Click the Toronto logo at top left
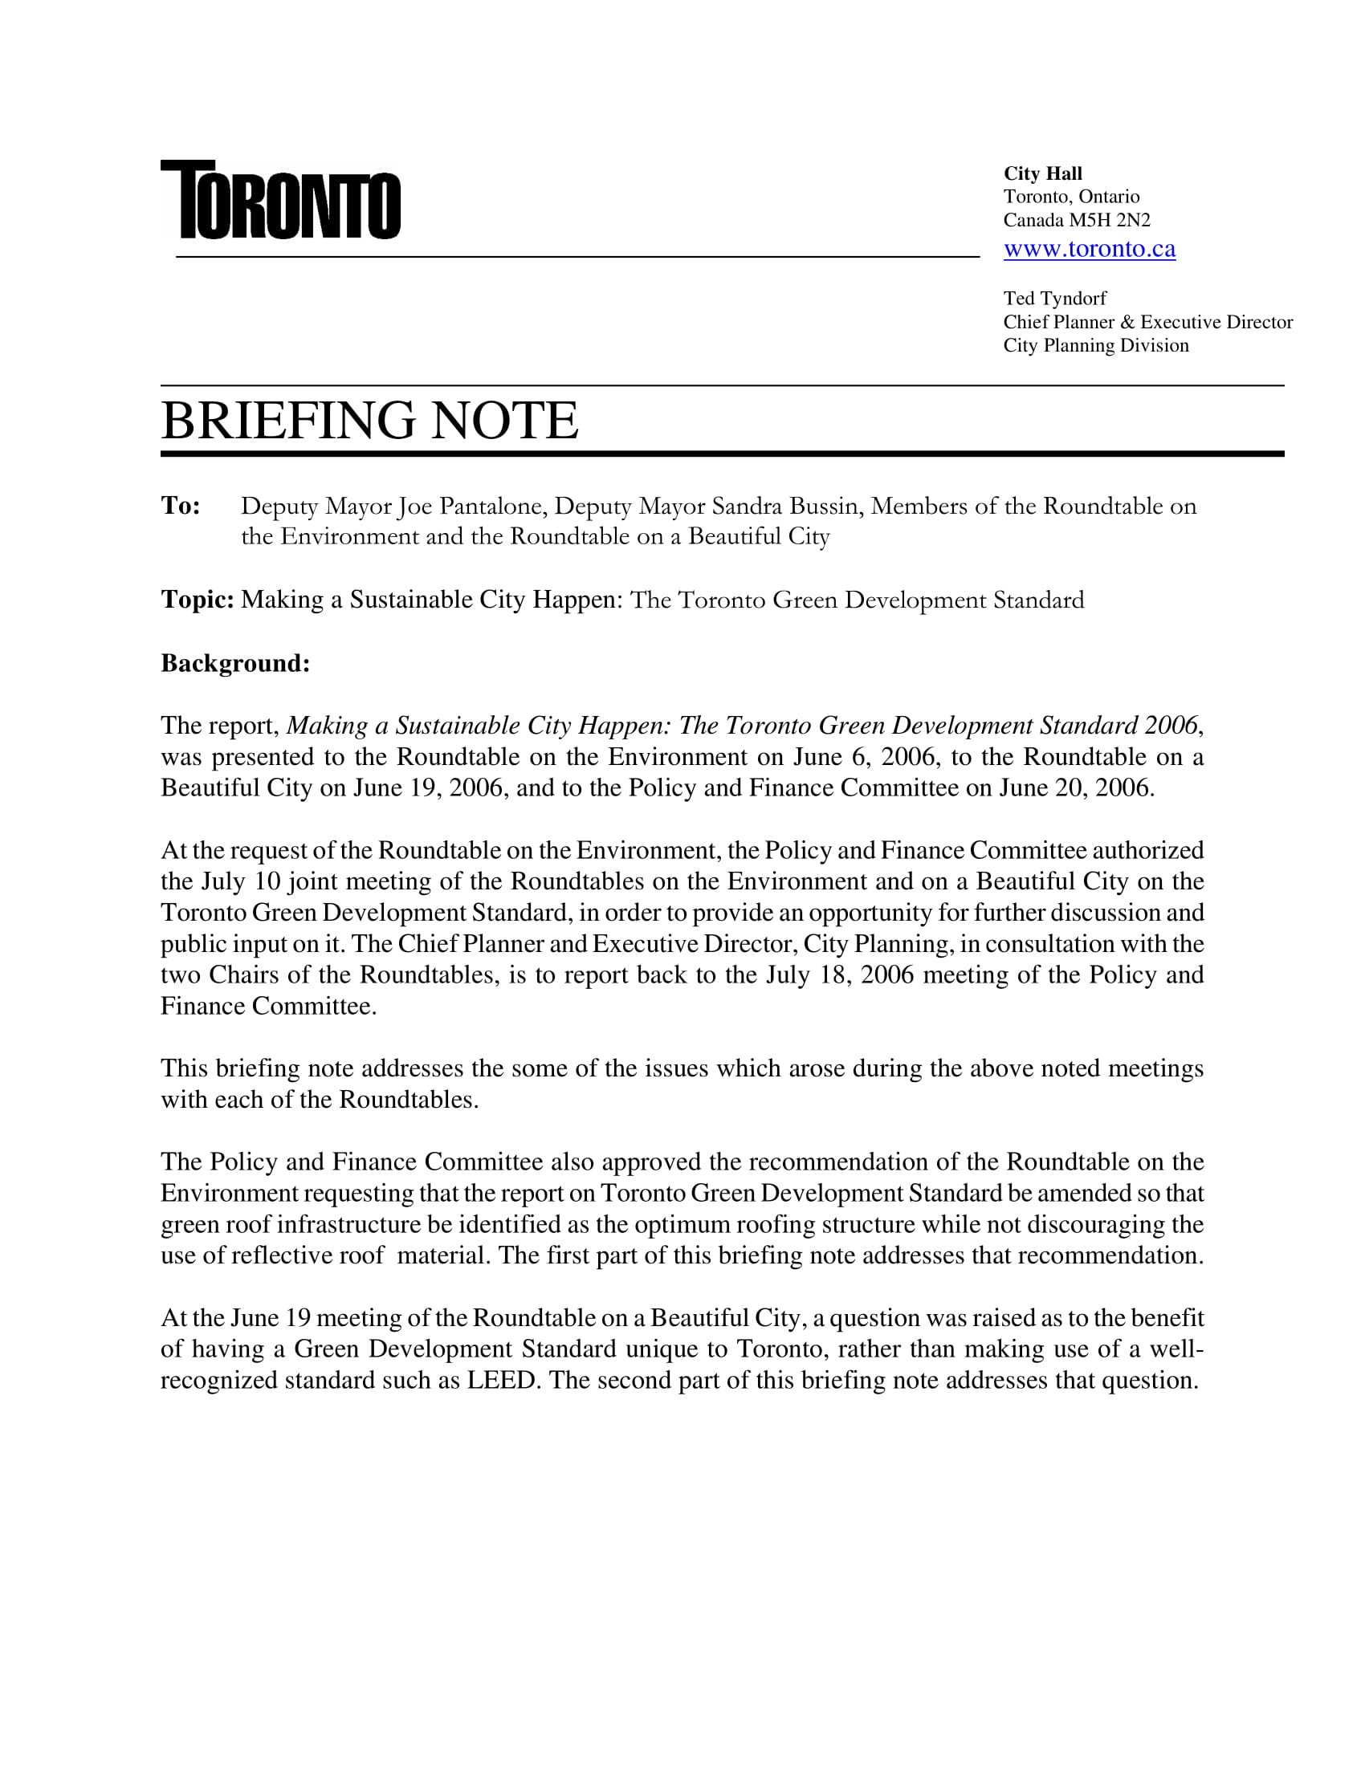280,200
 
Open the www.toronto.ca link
1090,249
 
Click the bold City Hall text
1042,174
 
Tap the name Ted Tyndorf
1054,299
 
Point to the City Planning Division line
1096,345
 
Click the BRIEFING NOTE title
369,421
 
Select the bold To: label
181,506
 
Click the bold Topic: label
198,599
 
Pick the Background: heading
235,663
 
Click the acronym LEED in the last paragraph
502,1381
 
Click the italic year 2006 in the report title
1170,726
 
